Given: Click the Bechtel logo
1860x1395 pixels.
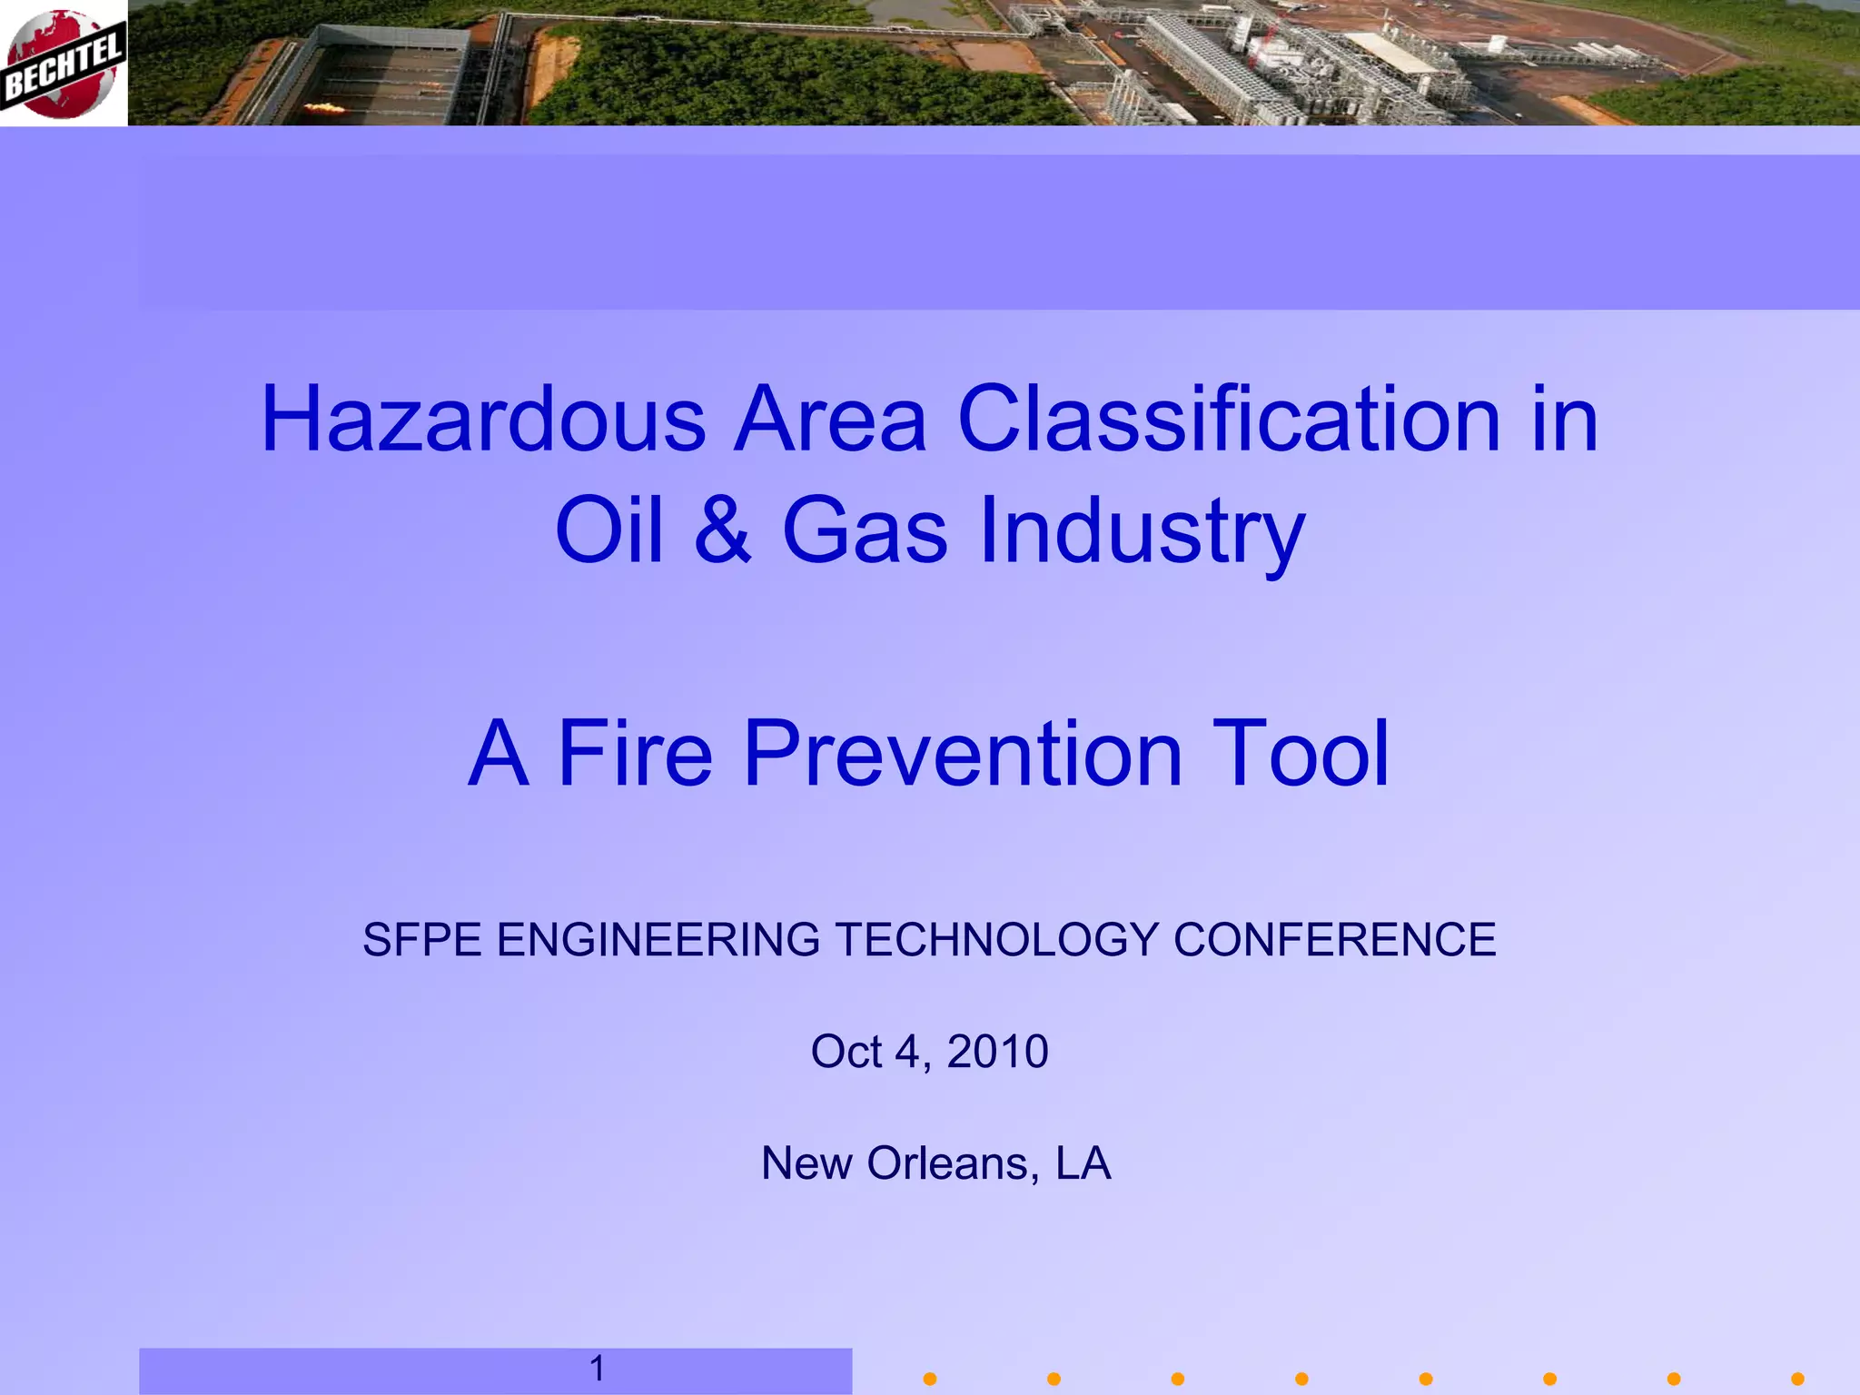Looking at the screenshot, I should pos(62,64).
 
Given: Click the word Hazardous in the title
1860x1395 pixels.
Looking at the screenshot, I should pos(483,420).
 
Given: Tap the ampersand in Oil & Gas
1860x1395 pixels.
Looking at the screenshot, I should pos(723,530).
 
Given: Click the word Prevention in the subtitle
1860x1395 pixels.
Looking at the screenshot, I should pos(963,753).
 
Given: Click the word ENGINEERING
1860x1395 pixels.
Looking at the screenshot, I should pos(658,940).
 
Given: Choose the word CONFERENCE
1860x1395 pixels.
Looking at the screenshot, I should pos(1334,940).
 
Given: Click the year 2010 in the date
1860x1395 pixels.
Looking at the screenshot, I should pos(997,1052).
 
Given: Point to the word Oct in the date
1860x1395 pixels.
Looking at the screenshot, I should pos(846,1052).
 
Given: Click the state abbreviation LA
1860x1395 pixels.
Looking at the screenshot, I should pos(1083,1163).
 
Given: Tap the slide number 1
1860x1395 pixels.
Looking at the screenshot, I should pos(597,1368).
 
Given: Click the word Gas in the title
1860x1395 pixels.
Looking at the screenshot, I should pos(865,530).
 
